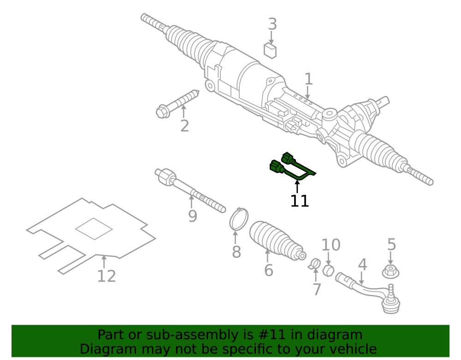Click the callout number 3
click(x=272, y=24)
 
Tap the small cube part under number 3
click(x=270, y=51)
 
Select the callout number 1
click(x=308, y=79)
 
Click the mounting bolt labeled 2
click(x=177, y=104)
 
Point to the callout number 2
click(x=184, y=126)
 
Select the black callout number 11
click(x=300, y=201)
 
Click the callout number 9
click(x=192, y=216)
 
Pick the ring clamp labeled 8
click(x=238, y=219)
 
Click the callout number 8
click(x=236, y=252)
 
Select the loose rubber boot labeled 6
click(x=278, y=241)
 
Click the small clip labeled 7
click(x=314, y=263)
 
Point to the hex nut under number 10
click(x=328, y=270)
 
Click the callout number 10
click(x=331, y=245)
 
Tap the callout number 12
click(x=106, y=276)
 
